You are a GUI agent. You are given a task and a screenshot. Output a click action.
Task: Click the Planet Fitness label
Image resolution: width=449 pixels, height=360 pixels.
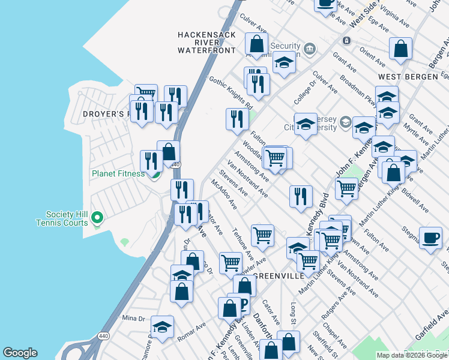point(118,174)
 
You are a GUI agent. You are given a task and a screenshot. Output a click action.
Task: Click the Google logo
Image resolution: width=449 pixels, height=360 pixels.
point(20,353)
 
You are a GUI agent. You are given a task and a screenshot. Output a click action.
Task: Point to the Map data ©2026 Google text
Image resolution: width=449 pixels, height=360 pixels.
point(412,355)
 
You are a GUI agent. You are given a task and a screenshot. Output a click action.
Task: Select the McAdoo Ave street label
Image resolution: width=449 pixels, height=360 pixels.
point(223,194)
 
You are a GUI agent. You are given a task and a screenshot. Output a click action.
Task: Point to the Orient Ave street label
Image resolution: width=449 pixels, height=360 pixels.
point(373,58)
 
